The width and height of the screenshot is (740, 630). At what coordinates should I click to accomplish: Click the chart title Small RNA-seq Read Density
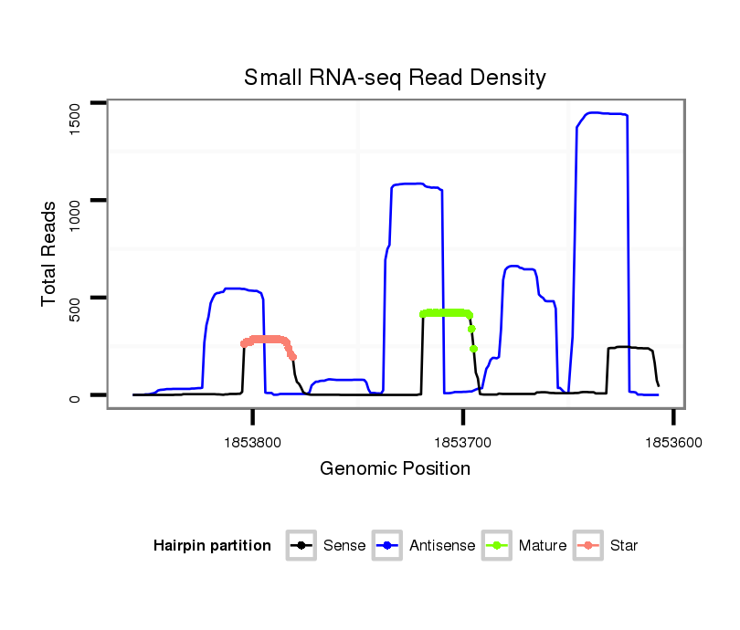tap(395, 78)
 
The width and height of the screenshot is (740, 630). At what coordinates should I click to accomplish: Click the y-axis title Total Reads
tap(50, 254)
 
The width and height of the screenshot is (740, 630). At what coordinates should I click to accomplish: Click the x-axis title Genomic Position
tap(395, 469)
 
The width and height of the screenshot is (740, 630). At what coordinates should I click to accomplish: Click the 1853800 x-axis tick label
tap(253, 441)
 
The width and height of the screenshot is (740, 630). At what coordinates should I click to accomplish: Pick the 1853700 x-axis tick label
tap(463, 441)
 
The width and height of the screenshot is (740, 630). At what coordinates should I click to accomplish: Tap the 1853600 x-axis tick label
tap(673, 441)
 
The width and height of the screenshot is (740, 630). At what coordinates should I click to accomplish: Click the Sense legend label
tap(344, 546)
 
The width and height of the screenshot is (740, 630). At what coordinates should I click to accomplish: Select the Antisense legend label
tap(442, 546)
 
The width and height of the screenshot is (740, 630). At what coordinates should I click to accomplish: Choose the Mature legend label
tap(543, 546)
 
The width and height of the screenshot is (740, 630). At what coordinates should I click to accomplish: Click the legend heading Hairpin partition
tap(212, 546)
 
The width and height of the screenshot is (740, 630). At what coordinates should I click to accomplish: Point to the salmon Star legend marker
tap(589, 546)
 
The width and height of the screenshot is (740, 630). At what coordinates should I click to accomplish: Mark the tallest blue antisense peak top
tap(598, 113)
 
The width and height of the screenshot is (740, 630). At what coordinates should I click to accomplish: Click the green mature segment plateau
tap(446, 313)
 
